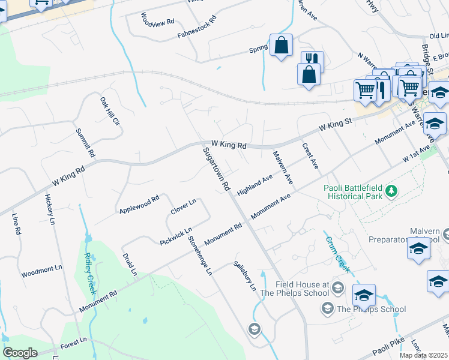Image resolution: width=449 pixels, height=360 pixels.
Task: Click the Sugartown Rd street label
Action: [217, 169]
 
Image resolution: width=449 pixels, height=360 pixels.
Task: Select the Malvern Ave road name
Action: [282, 167]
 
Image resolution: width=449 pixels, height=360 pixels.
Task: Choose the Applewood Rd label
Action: [139, 205]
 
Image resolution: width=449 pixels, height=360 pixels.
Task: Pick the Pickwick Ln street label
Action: [176, 236]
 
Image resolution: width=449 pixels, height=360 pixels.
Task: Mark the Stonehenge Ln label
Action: [200, 256]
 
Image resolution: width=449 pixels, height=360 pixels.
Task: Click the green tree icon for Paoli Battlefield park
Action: [391, 191]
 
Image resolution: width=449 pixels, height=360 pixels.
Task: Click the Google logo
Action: [20, 353]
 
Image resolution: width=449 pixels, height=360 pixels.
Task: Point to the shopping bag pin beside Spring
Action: [281, 46]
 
